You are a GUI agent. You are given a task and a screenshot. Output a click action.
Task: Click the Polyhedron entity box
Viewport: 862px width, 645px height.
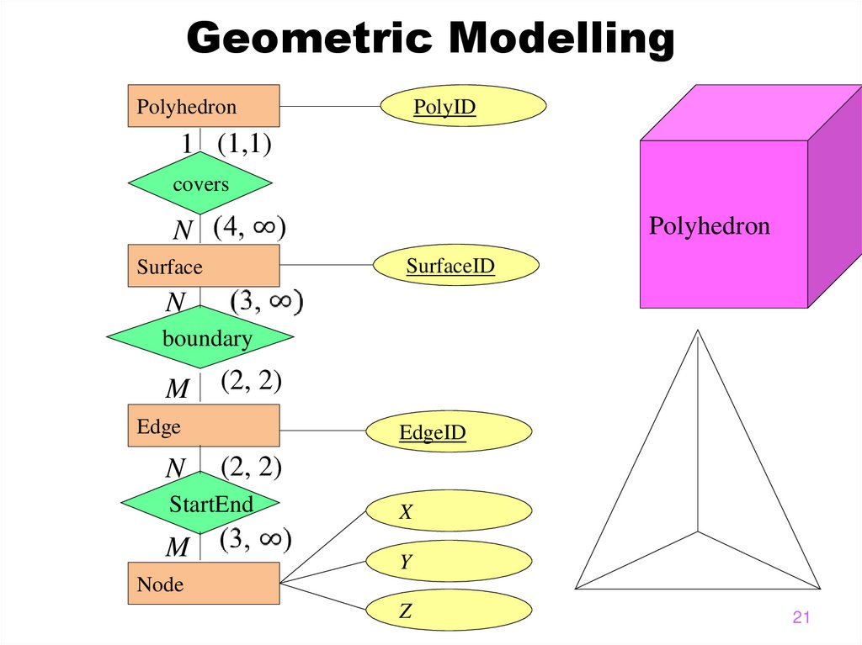coord(203,106)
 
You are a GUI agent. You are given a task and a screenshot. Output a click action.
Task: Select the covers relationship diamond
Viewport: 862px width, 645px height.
coord(200,183)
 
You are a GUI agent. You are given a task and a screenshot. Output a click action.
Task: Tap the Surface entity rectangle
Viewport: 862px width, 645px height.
coord(203,267)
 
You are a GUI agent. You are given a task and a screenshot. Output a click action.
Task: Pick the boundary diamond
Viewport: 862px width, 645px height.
coord(200,338)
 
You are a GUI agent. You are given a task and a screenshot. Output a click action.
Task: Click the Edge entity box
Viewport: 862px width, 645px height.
coord(203,426)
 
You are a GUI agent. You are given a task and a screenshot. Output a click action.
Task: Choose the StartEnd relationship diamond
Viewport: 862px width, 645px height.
coord(200,504)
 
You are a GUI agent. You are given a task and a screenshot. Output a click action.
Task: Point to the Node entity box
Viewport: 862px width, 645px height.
coord(203,584)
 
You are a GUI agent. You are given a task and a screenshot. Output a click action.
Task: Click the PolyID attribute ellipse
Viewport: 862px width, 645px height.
coord(464,108)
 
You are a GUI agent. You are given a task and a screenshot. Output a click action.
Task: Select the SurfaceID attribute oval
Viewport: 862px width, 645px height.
coord(455,267)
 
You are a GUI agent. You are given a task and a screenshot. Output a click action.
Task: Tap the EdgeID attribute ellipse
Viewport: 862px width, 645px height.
coord(448,432)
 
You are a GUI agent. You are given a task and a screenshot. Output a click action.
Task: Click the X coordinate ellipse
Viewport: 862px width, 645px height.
coord(448,511)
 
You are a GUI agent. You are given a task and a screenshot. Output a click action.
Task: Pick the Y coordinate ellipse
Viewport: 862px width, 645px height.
coord(448,562)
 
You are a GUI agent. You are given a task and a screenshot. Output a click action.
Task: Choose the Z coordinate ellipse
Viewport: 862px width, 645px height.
coord(448,612)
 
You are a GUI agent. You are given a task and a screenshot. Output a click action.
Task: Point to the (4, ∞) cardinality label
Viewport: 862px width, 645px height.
coord(250,228)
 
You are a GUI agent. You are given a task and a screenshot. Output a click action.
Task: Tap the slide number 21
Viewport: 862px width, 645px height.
coord(801,619)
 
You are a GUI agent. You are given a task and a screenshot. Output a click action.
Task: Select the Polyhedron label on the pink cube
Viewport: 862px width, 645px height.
coord(709,226)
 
